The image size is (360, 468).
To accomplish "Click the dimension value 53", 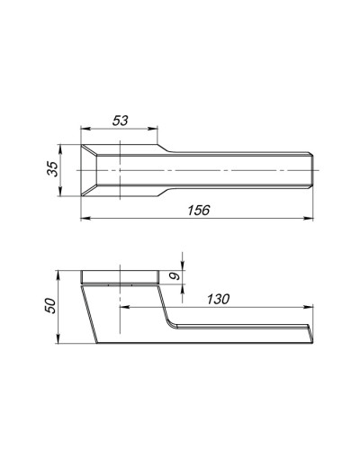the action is tap(120, 121).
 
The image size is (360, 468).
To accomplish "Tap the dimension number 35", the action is tap(53, 169).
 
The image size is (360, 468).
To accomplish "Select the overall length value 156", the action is tap(199, 211).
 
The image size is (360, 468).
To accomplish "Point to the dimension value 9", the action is tap(175, 275).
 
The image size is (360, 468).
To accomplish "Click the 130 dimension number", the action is tap(219, 299).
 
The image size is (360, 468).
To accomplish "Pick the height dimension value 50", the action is tap(50, 306).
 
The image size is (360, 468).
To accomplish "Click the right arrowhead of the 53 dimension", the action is tap(153, 129).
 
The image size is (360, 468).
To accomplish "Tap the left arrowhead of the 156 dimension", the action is tap(85, 219).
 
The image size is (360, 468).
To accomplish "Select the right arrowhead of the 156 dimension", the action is tap(308, 219).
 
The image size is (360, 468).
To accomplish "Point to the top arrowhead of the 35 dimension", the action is tap(60, 149).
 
